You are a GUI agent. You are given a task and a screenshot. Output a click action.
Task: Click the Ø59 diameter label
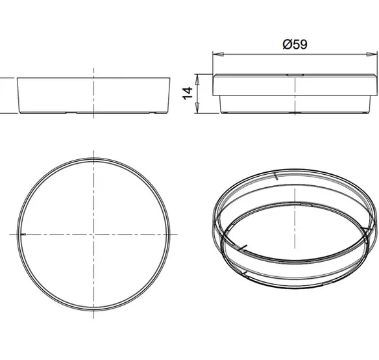(295, 44)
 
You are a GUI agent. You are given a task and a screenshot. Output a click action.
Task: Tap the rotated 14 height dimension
(188, 94)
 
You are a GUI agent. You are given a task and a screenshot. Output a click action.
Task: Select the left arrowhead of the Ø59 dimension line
(218, 54)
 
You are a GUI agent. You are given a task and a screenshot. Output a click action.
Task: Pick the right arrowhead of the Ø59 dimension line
(372, 54)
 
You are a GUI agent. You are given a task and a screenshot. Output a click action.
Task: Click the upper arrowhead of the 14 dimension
(197, 80)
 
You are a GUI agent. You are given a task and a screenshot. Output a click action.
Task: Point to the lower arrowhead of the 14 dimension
(197, 107)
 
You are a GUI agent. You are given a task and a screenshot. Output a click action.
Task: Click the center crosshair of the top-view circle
(93, 234)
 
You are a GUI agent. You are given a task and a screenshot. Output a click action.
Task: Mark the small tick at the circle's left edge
(23, 234)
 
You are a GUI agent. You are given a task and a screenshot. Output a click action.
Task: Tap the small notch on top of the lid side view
(295, 75)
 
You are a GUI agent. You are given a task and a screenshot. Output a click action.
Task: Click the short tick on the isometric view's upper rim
(276, 177)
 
